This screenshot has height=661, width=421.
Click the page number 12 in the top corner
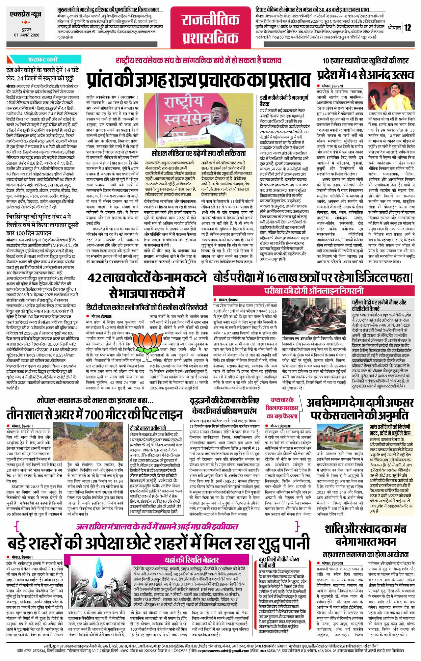pos(408,27)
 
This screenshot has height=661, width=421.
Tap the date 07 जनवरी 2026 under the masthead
pos(27,35)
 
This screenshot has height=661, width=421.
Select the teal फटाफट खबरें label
pos(43,60)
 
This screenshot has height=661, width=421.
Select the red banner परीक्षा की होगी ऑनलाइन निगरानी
pos(314,291)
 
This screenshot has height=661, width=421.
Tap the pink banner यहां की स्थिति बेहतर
pos(191,560)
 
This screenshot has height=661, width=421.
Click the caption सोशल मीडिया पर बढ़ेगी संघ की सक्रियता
pos(198,153)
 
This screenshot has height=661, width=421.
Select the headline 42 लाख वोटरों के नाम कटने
pos(147,278)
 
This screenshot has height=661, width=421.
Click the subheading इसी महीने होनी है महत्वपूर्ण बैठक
pos(284,101)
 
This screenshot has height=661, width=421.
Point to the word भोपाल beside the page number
pos(394,27)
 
